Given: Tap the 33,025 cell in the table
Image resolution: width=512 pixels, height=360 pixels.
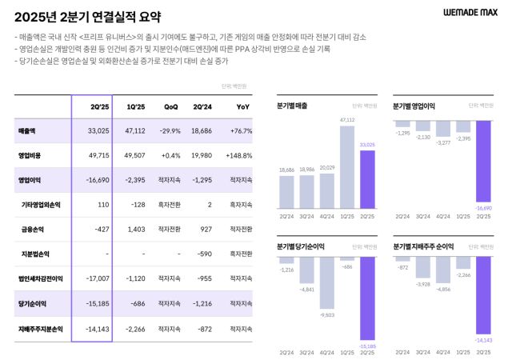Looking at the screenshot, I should tap(97, 131).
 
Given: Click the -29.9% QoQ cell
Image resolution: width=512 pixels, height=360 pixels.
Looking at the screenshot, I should tap(169, 131).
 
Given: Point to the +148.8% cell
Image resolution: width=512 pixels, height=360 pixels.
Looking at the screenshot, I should tap(239, 155).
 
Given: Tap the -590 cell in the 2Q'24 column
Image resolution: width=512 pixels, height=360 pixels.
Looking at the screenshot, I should tap(204, 254).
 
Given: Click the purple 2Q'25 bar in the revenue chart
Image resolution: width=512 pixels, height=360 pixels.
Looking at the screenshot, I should tap(367, 178).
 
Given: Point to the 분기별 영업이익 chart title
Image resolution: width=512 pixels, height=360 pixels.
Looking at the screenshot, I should tap(414, 106).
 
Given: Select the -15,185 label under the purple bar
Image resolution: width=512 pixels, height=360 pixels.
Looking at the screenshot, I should tap(367, 347).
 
